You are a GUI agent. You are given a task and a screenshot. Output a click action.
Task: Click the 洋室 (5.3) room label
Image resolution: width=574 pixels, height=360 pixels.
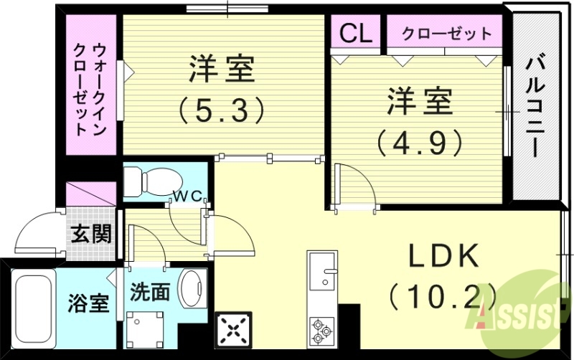click(222, 89)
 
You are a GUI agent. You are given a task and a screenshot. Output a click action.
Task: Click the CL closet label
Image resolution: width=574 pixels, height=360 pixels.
click(355, 32)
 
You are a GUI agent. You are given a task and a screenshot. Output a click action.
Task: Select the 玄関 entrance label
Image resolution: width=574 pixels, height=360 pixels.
click(91, 234)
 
